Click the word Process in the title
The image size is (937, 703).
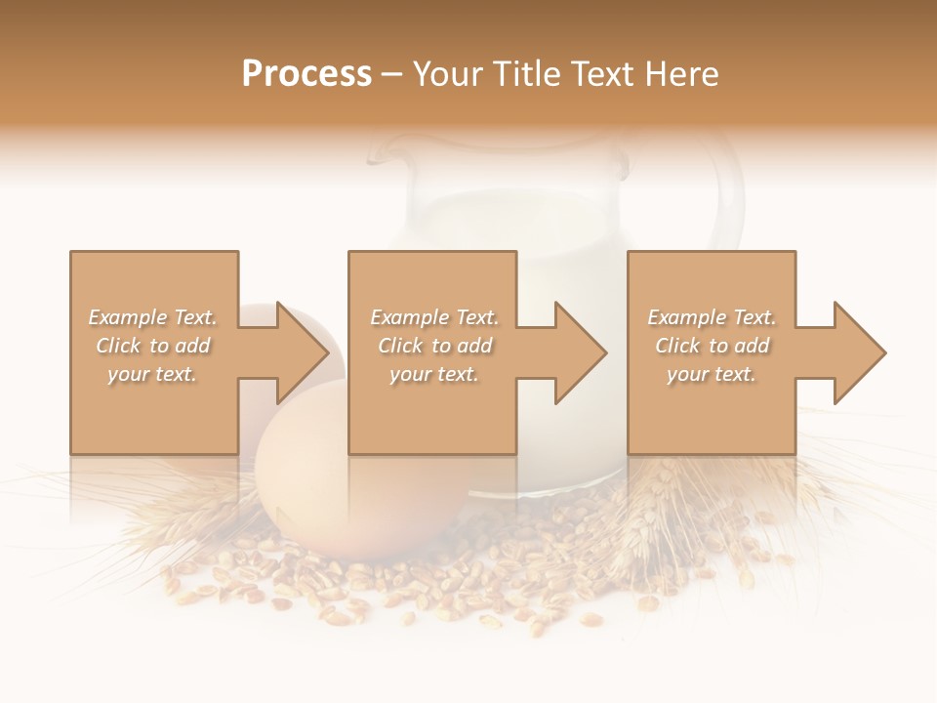306,74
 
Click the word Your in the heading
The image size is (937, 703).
446,74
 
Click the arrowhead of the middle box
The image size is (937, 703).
580,352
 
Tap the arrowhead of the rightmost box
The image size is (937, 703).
859,352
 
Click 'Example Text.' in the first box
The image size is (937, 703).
152,317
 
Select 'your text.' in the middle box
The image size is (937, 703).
433,374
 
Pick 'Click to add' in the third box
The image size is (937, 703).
713,346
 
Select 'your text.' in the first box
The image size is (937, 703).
152,374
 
